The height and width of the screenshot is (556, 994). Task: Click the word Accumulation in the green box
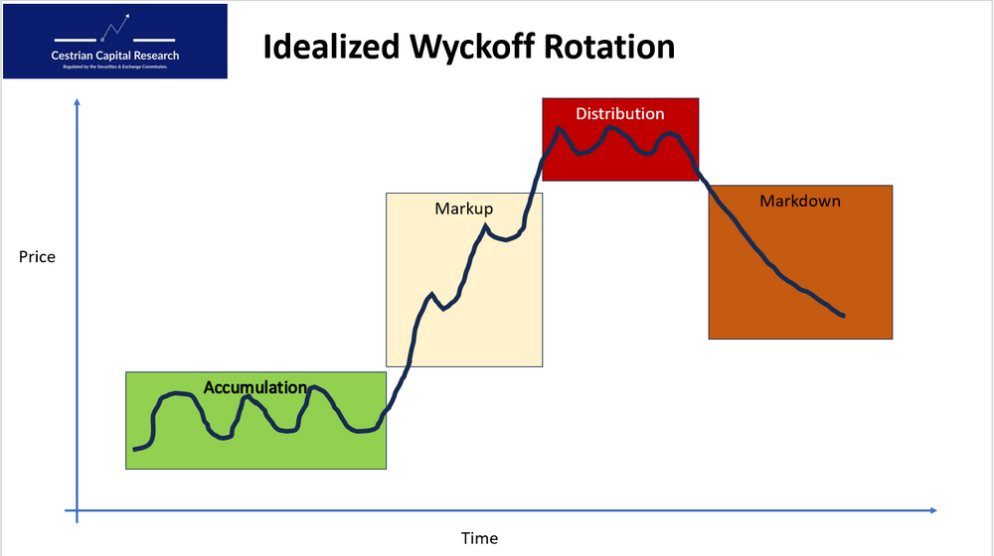(255, 387)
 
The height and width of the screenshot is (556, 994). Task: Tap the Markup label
(463, 208)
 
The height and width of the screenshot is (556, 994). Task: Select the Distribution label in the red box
(619, 113)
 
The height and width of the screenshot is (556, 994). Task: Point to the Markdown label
(800, 201)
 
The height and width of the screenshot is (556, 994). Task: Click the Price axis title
(37, 257)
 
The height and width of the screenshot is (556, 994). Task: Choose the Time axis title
(479, 538)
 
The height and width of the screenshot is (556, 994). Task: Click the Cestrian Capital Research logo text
(115, 56)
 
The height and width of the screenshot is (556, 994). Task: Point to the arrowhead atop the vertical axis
(77, 103)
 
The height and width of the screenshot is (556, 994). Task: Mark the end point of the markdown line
(844, 316)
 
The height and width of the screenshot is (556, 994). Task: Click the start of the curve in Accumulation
(134, 450)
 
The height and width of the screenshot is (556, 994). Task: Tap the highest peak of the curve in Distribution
(559, 128)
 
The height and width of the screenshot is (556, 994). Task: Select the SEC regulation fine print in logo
(115, 67)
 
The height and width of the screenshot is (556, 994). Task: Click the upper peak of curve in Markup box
(486, 226)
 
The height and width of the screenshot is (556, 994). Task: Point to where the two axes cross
(77, 511)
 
